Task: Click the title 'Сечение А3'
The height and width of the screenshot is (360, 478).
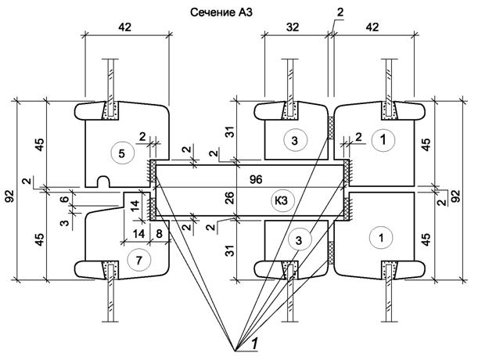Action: click(x=221, y=13)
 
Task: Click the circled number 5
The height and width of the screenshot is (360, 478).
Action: click(x=123, y=153)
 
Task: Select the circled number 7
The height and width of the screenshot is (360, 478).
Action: click(x=139, y=260)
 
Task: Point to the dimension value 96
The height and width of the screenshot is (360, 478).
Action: click(x=256, y=179)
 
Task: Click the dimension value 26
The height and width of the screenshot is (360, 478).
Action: click(x=231, y=197)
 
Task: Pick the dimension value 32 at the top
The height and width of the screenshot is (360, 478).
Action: click(x=293, y=27)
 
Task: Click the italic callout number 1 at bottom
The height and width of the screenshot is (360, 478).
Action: click(x=255, y=344)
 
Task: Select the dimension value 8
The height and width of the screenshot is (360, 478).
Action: click(x=160, y=234)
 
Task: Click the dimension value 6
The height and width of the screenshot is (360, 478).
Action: click(x=64, y=199)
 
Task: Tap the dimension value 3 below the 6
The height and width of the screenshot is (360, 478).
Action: click(x=64, y=223)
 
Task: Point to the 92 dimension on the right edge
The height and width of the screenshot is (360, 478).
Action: click(x=457, y=196)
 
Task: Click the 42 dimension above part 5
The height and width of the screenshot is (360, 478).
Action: click(x=124, y=27)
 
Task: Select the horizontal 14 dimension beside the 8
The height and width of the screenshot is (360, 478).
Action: click(x=138, y=234)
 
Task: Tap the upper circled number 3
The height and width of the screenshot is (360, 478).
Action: click(x=295, y=140)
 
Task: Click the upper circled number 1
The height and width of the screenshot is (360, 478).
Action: click(x=383, y=140)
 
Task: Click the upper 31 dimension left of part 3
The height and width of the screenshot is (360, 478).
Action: click(x=231, y=131)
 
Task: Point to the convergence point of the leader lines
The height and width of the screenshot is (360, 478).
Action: click(x=235, y=351)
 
